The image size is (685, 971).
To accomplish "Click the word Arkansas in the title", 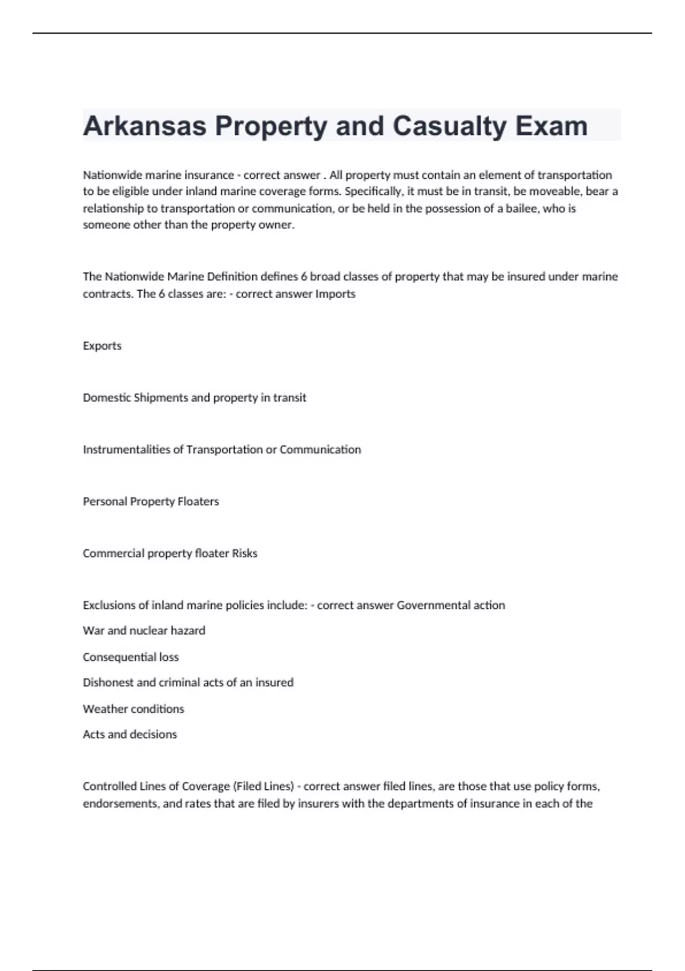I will (144, 126).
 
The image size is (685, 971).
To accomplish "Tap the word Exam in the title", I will (551, 126).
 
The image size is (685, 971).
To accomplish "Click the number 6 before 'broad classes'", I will (304, 276).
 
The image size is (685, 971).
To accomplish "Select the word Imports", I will (335, 294).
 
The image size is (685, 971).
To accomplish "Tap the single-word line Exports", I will (102, 346).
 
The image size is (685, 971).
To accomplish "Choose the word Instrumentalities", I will (127, 450).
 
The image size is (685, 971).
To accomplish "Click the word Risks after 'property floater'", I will (244, 553).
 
